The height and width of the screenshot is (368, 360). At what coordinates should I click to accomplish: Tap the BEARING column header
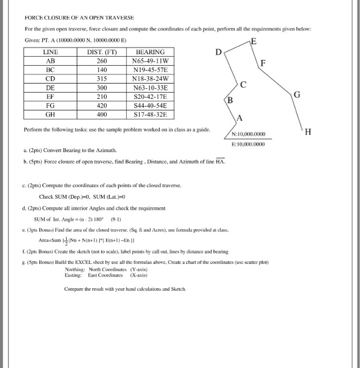(150, 52)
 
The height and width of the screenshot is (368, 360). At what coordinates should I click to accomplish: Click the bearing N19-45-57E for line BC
(150, 70)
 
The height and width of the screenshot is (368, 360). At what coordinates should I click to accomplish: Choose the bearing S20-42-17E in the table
(150, 97)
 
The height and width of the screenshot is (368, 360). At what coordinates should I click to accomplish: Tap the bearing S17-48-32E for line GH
(150, 115)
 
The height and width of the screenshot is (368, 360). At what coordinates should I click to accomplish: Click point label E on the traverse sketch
(255, 42)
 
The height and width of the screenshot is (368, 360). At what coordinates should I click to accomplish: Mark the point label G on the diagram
(297, 95)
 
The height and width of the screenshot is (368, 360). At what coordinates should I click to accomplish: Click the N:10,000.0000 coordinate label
(249, 134)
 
